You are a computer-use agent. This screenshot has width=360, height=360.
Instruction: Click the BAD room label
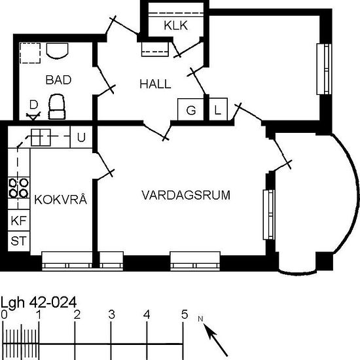[x=58, y=80]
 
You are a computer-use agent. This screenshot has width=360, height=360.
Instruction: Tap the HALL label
[x=155, y=84]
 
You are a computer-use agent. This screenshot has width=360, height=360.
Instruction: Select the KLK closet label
[x=176, y=26]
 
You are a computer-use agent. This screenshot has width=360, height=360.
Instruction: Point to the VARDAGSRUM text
[x=186, y=195]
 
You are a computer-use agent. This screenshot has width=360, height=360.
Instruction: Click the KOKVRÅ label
[x=61, y=199]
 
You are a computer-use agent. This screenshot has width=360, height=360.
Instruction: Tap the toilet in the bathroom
[x=57, y=107]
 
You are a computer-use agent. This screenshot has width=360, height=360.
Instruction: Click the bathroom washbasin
[x=58, y=50]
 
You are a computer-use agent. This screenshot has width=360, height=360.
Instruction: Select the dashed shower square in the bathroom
[x=30, y=53]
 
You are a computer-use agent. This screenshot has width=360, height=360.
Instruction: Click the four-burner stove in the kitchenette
[x=19, y=189]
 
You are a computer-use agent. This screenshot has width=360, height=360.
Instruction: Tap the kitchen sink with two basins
[x=41, y=137]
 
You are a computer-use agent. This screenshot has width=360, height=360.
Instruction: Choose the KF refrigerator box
[x=19, y=221]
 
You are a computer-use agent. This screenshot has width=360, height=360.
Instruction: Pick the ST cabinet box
[x=19, y=241]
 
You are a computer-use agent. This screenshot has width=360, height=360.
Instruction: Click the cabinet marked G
[x=190, y=109]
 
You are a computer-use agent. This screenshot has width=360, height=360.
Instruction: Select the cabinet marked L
[x=218, y=109]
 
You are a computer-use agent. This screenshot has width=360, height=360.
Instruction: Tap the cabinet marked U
[x=81, y=137]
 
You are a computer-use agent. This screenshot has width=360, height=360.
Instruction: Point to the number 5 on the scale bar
[x=185, y=315]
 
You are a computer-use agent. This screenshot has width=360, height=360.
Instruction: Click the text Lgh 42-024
[x=39, y=302]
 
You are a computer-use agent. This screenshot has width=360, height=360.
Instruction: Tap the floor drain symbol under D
[x=33, y=116]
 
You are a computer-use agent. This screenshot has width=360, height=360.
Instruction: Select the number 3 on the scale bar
[x=111, y=315]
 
